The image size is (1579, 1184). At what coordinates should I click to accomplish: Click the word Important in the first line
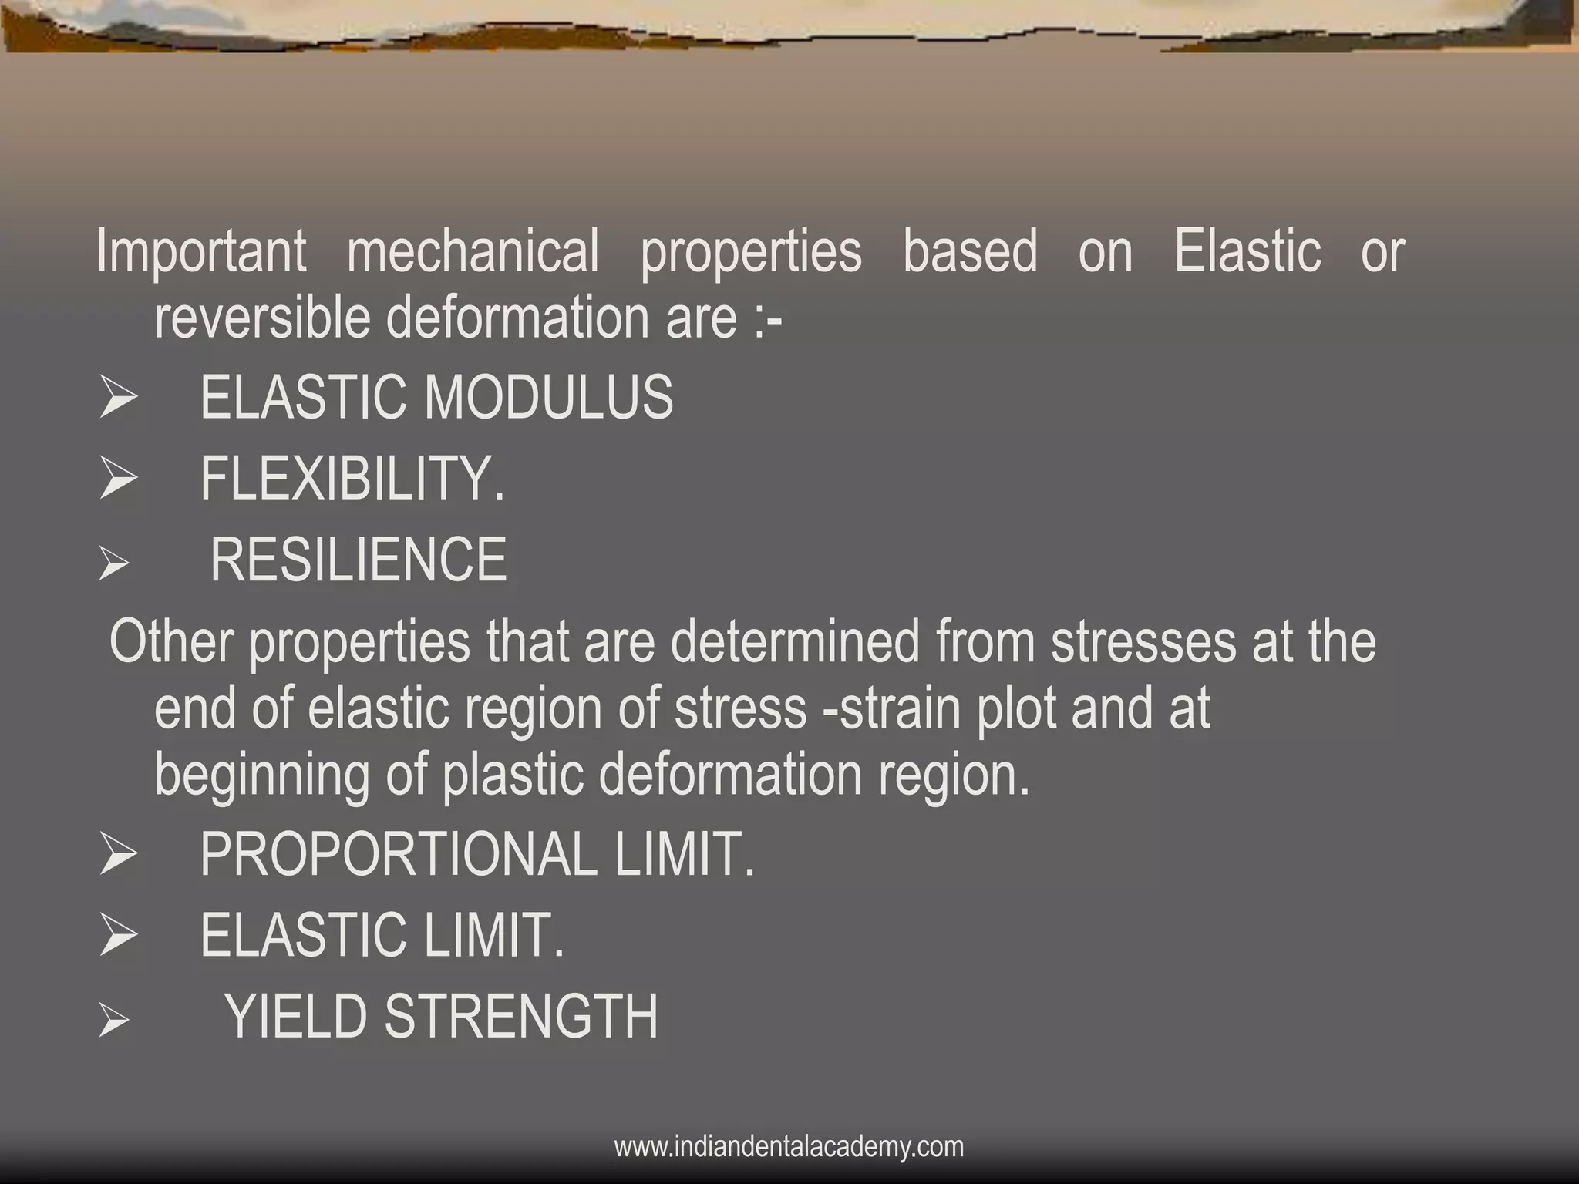tap(201, 251)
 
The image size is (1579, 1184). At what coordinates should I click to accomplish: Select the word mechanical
tap(473, 251)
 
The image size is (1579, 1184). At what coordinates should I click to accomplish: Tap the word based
tap(970, 251)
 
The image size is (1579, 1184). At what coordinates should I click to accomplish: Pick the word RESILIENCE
tap(359, 560)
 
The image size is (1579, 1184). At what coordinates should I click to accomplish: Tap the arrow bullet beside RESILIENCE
tap(113, 564)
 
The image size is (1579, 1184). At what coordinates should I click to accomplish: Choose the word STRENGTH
tap(521, 1017)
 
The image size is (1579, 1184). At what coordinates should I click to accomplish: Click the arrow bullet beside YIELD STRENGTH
tap(113, 1022)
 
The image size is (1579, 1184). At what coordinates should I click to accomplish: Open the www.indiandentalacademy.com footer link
tap(789, 1147)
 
